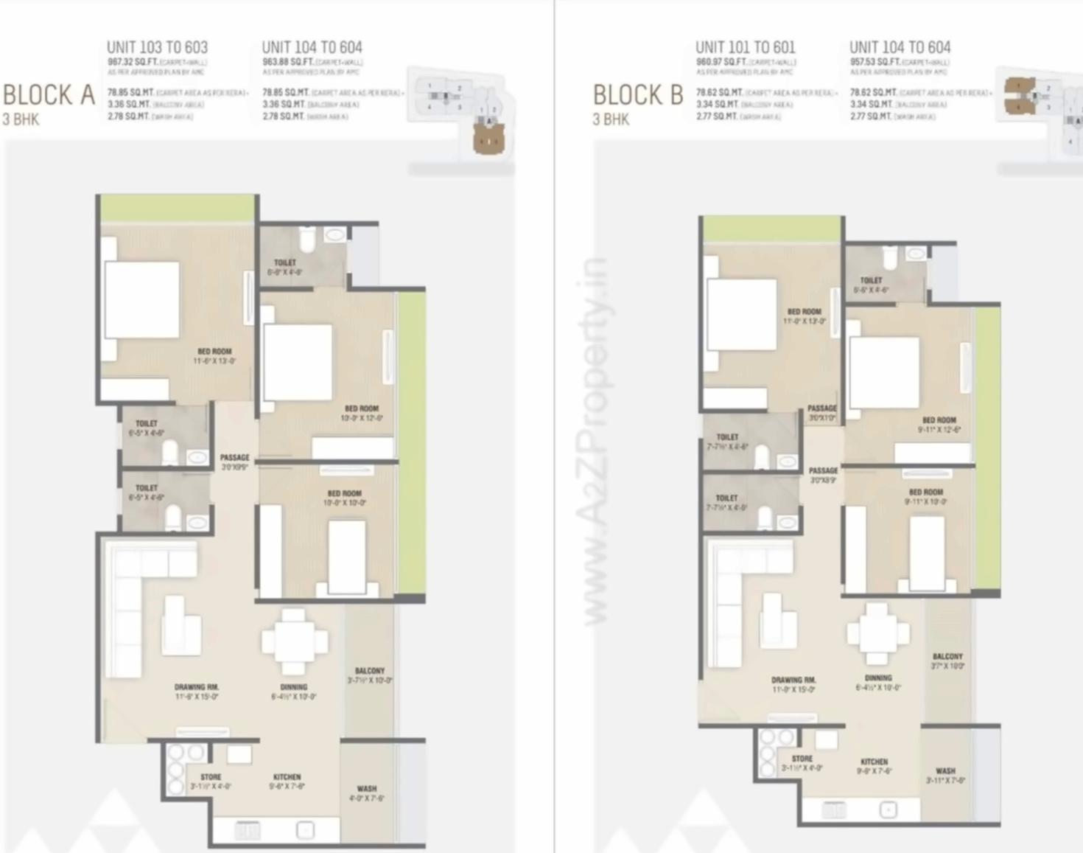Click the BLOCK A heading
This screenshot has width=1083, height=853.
coord(49,95)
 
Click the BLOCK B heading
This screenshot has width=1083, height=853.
coord(638,95)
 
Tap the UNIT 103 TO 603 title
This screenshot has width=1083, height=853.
coord(157,47)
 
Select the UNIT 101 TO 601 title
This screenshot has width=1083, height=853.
coord(745,47)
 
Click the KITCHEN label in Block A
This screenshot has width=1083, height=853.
coord(287,777)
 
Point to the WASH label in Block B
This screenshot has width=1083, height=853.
coord(945,770)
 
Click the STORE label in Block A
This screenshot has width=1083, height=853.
coord(211,777)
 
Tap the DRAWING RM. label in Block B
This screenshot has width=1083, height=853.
coord(793,680)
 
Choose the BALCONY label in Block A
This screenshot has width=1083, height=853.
coord(370,671)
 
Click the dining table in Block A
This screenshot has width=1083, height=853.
coord(294,641)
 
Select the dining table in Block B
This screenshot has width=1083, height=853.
coord(877,633)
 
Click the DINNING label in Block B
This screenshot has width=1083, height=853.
coord(878,678)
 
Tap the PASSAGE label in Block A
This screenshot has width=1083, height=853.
coord(234,458)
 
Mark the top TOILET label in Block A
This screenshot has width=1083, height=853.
coord(285,262)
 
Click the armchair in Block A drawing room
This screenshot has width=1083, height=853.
coord(180,626)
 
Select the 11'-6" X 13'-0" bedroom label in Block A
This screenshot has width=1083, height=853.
coord(214,356)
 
